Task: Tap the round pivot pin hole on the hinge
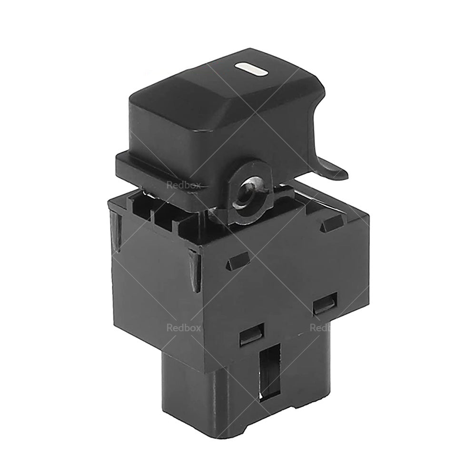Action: [x=246, y=194]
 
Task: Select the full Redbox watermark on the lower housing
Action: [x=183, y=327]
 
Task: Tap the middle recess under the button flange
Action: [x=165, y=212]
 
